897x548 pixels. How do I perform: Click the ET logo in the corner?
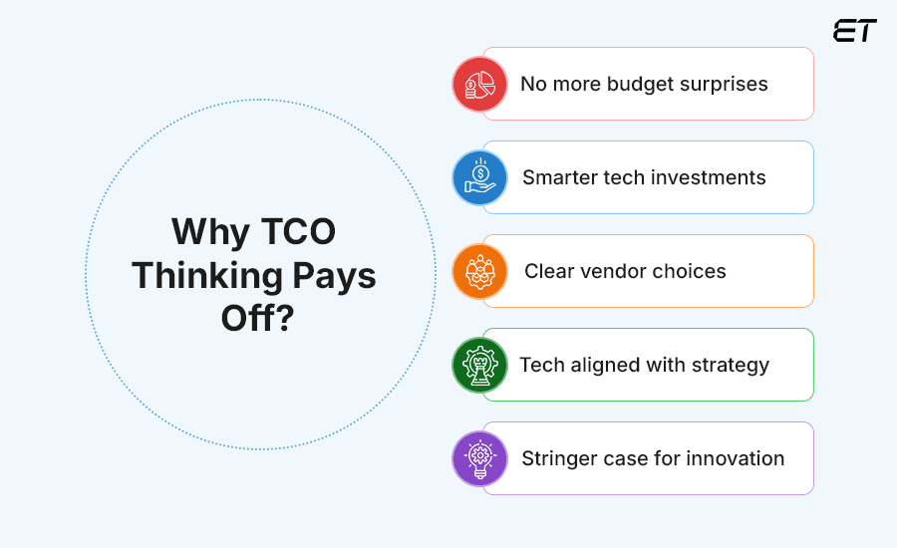(854, 31)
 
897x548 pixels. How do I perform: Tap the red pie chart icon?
(480, 84)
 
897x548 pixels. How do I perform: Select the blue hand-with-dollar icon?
(480, 177)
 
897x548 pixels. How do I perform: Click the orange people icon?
(480, 271)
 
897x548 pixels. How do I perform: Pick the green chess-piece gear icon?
(480, 365)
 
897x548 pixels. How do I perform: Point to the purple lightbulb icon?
(480, 458)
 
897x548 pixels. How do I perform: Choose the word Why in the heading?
(205, 231)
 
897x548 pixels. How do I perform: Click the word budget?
(643, 84)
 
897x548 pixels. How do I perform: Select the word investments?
(708, 177)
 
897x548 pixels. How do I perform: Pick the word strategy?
(729, 366)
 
